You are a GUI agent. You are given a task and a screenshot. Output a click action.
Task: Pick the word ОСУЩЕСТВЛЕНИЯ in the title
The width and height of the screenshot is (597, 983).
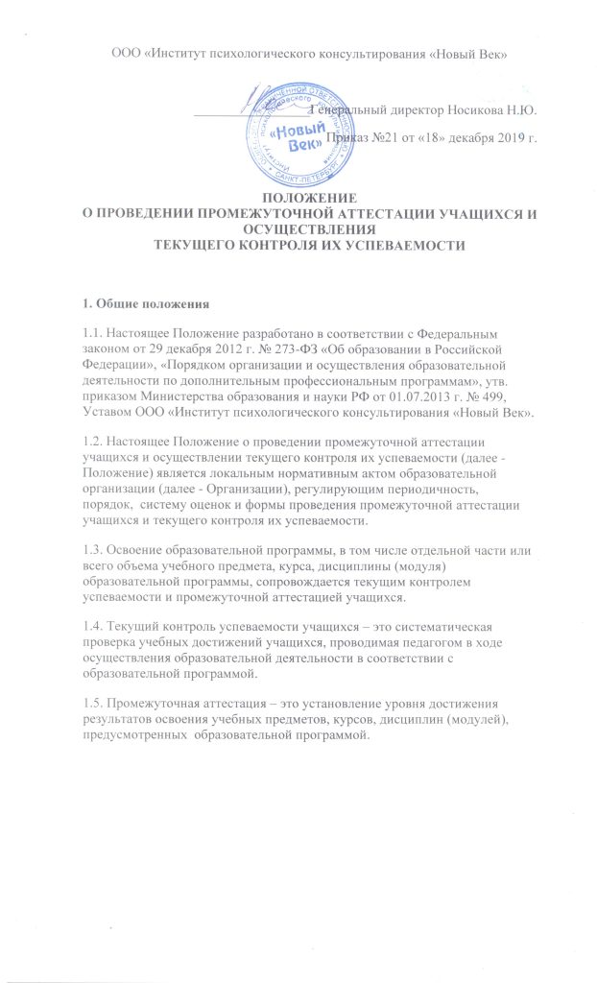pyautogui.click(x=298, y=230)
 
